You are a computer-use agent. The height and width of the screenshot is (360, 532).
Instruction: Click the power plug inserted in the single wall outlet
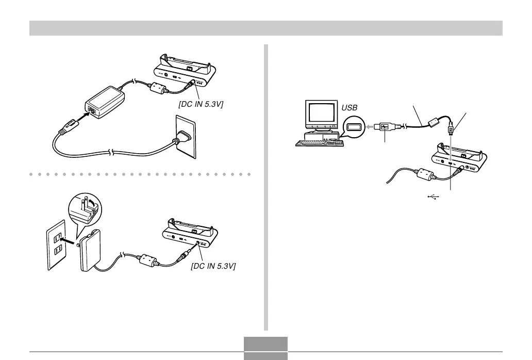(x=182, y=137)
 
